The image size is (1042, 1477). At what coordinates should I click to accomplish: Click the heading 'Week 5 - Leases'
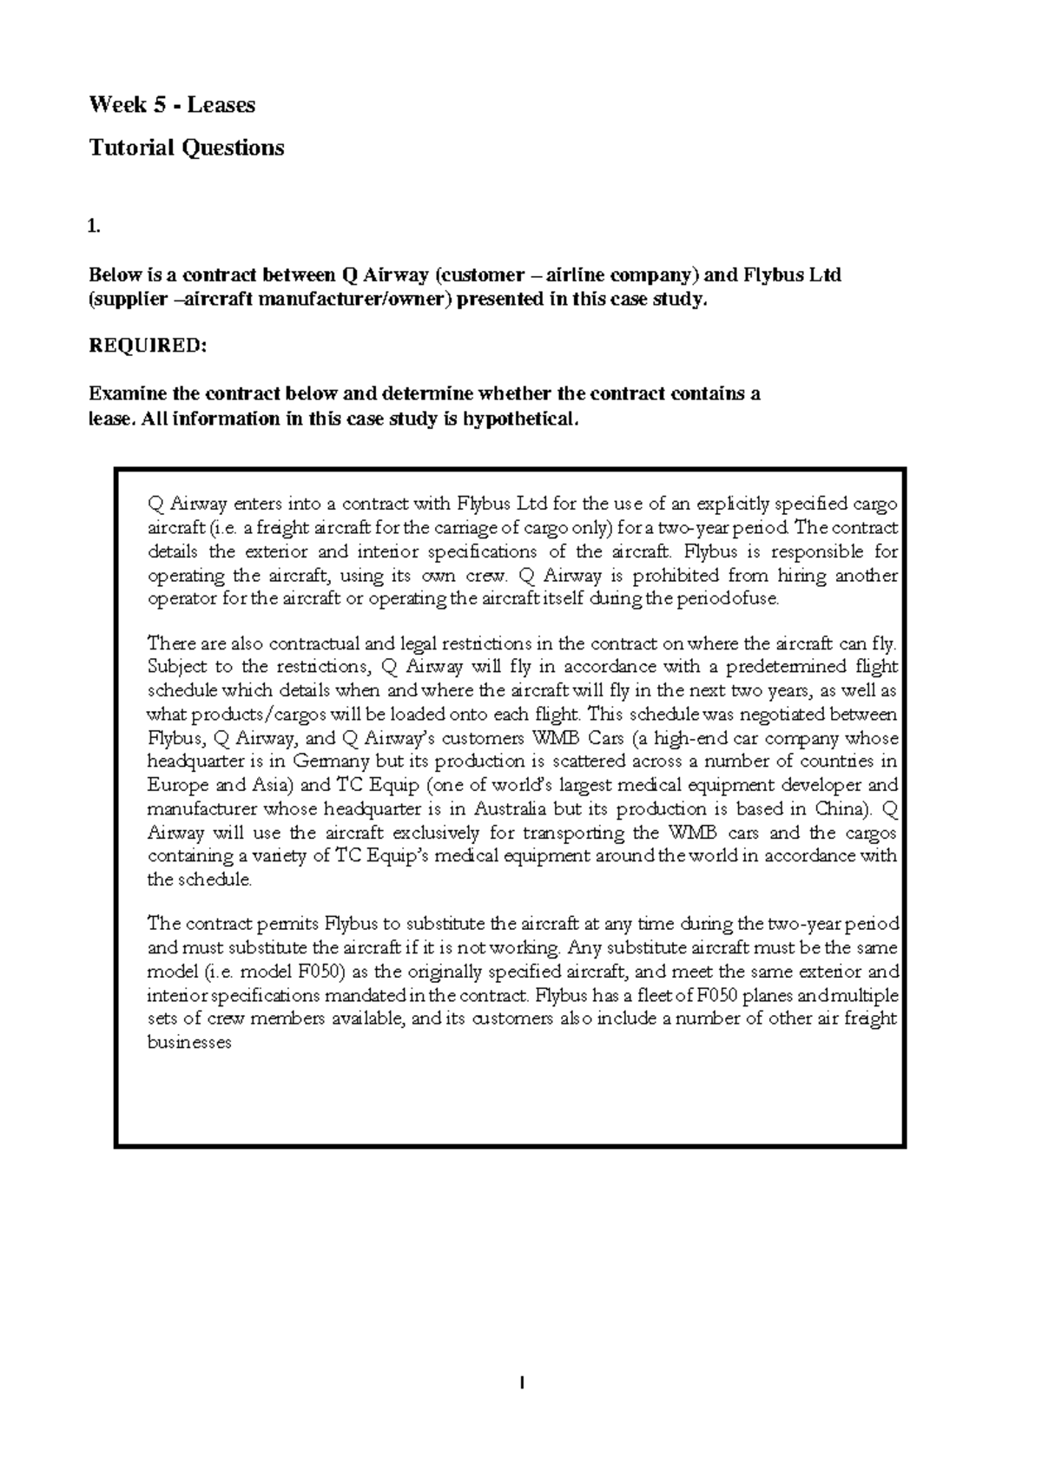click(x=172, y=105)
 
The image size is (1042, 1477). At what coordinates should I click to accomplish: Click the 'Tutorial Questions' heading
click(x=187, y=148)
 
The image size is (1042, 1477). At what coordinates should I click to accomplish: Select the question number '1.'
click(x=95, y=227)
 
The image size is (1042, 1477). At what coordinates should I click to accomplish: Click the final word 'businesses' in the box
click(x=189, y=1043)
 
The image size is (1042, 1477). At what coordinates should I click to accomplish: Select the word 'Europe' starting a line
click(x=176, y=786)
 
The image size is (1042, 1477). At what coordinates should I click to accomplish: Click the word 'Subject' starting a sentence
click(x=177, y=667)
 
